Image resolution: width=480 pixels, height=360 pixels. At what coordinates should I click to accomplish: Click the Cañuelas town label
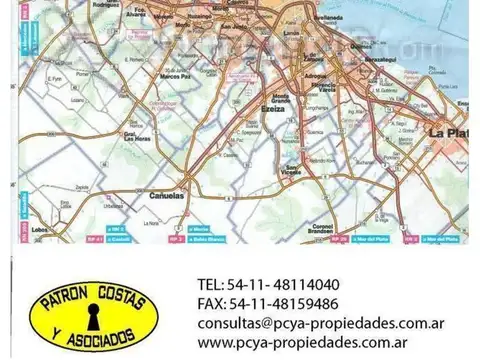pos(166,196)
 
